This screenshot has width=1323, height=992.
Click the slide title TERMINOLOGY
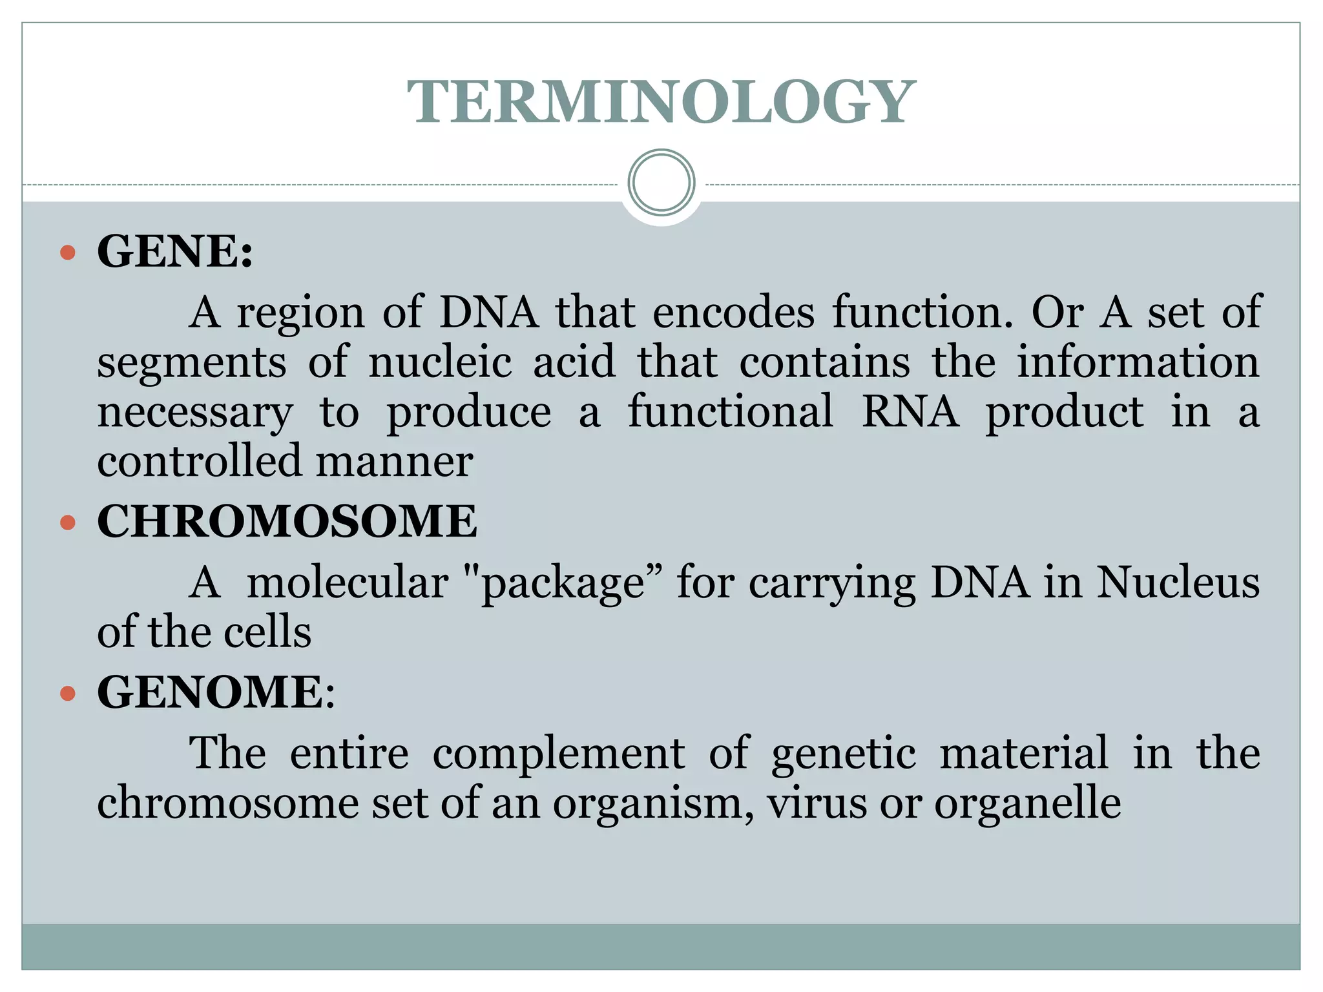(661, 102)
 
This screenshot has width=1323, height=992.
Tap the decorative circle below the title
(661, 182)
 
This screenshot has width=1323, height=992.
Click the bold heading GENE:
(174, 251)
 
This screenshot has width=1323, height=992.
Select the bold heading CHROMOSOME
(287, 521)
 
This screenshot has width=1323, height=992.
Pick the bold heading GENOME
(210, 692)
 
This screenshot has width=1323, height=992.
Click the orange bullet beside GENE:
(67, 252)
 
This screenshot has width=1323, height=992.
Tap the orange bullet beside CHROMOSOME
(67, 522)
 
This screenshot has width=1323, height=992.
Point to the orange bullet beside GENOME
(67, 694)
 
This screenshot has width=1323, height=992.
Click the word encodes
(733, 313)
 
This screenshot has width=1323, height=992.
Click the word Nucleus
(1178, 583)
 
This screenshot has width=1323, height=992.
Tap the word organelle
(1027, 805)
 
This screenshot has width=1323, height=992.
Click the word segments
(191, 363)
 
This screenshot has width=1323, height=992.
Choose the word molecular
(348, 583)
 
